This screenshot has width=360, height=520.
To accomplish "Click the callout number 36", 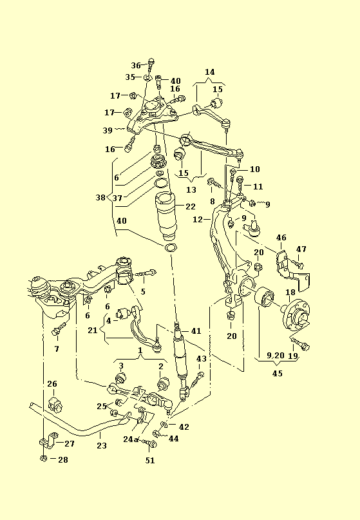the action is [136, 65].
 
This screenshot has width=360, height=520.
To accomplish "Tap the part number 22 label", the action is [191, 207].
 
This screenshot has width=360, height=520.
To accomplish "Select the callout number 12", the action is [198, 220].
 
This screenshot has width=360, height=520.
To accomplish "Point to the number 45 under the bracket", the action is [278, 374].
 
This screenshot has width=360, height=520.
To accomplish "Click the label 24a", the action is [130, 439].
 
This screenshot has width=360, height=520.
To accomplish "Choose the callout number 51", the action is [150, 460].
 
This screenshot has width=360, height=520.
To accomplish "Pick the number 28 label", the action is [63, 459].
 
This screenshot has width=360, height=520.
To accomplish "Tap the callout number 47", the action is [301, 249].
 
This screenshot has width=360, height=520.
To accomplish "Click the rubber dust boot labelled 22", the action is [165, 217].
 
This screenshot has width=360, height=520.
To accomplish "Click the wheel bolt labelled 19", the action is [300, 344].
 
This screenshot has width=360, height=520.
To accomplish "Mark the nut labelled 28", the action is [43, 458].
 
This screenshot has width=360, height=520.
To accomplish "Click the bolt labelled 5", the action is [146, 274].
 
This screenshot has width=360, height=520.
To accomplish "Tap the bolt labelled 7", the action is [59, 329].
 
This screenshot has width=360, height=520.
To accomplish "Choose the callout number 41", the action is [196, 331].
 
